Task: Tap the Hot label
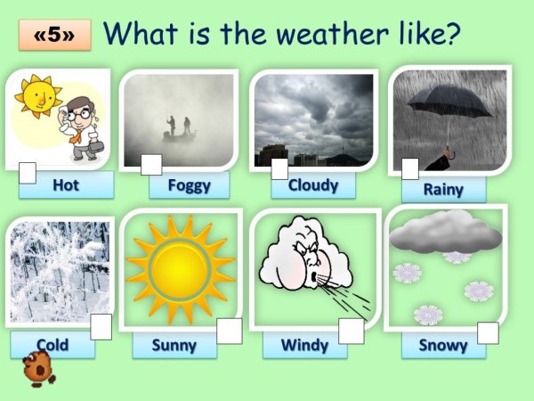pyautogui.click(x=66, y=185)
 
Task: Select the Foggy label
pyautogui.click(x=190, y=185)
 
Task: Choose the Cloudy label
pyautogui.click(x=312, y=185)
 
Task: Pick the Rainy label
pyautogui.click(x=443, y=189)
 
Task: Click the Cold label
pyautogui.click(x=53, y=345)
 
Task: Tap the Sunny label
pyautogui.click(x=174, y=345)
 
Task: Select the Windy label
pyautogui.click(x=304, y=345)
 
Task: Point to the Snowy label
pyautogui.click(x=443, y=345)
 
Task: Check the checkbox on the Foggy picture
pyautogui.click(x=151, y=165)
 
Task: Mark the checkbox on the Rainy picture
pyautogui.click(x=410, y=168)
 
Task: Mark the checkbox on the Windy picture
pyautogui.click(x=351, y=331)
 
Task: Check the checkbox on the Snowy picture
pyautogui.click(x=488, y=332)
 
